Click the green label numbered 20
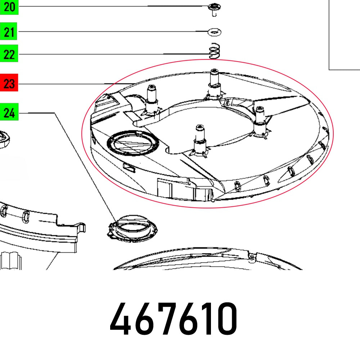tap(9, 7)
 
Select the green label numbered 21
tap(9, 31)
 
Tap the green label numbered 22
tap(9, 54)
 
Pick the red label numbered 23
tap(9, 83)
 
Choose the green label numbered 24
tap(9, 112)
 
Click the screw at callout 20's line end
tap(214, 9)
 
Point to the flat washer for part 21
tap(214, 32)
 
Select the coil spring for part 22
tap(215, 51)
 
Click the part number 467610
tap(174, 319)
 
